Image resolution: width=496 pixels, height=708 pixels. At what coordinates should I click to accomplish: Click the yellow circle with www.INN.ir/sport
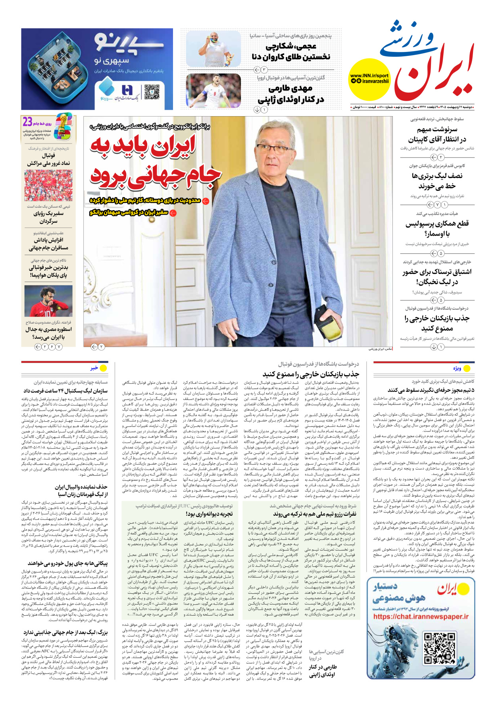369,78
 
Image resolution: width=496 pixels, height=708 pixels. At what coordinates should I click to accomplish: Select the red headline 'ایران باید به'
143,146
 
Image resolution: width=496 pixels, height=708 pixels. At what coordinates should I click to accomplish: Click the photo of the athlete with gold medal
213,50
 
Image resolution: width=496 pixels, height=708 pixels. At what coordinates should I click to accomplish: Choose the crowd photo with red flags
48,185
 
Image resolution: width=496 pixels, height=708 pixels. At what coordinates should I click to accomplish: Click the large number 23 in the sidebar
27,122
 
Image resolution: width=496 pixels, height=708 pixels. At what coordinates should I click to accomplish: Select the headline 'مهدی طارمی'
290,88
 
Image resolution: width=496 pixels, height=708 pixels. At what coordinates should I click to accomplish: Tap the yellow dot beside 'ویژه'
467,368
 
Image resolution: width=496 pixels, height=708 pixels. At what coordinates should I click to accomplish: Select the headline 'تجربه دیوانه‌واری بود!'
209,514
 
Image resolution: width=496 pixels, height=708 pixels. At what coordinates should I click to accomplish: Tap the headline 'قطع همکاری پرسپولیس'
437,224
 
